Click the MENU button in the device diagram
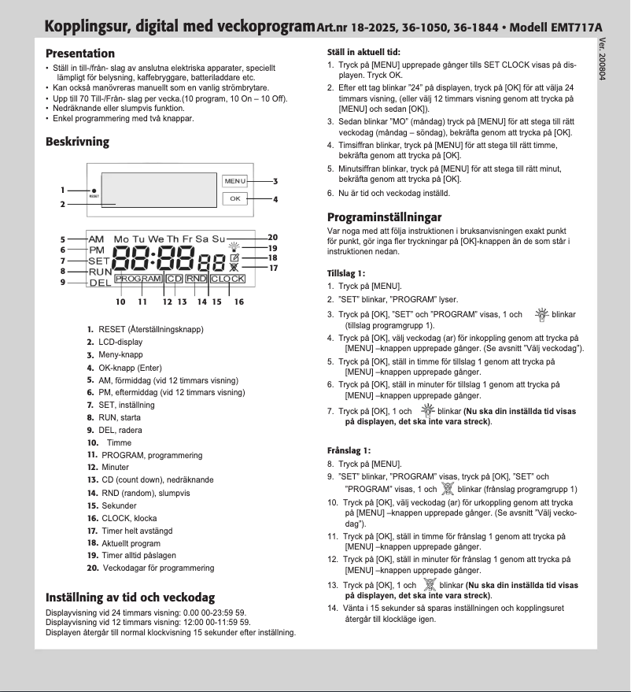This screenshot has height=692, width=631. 234,181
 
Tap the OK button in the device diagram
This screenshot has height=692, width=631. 234,198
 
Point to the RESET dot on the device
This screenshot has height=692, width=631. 94,191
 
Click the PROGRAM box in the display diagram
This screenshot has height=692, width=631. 138,279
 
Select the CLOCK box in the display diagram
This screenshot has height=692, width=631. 227,279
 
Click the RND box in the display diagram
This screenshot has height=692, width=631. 196,279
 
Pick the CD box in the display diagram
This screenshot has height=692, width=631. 174,279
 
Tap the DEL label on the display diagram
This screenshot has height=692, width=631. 99,283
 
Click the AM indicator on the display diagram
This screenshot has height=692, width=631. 96,239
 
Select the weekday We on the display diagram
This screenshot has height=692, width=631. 156,239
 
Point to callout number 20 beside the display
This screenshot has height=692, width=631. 273,237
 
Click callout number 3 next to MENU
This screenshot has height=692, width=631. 275,181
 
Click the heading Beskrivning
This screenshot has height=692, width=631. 77,142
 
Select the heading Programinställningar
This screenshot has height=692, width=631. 384,216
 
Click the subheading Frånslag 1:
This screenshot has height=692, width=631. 348,450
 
